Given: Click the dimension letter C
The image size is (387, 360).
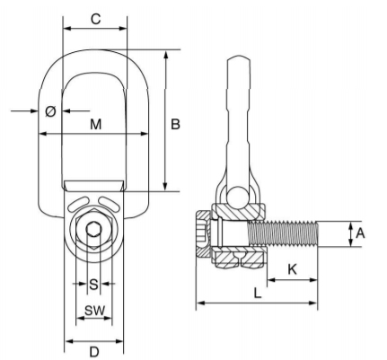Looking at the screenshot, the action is pyautogui.click(x=95, y=19).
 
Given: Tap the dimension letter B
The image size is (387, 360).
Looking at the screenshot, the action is pyautogui.click(x=175, y=124).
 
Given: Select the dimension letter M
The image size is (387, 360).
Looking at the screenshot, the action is pyautogui.click(x=96, y=124).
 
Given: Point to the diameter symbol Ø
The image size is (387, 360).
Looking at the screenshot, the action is pyautogui.click(x=50, y=111).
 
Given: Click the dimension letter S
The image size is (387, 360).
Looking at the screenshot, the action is pyautogui.click(x=93, y=285).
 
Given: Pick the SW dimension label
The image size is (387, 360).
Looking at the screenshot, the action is pyautogui.click(x=94, y=311).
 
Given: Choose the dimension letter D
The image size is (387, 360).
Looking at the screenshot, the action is pyautogui.click(x=94, y=352).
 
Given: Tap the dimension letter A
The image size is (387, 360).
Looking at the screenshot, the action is pyautogui.click(x=360, y=233).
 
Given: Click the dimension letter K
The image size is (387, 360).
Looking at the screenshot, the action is pyautogui.click(x=292, y=269).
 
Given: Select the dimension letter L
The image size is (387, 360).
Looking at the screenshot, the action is pyautogui.click(x=258, y=293).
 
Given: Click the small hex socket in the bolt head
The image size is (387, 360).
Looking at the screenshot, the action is pyautogui.click(x=93, y=229).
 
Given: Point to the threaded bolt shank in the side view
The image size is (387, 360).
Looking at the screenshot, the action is pyautogui.click(x=283, y=233).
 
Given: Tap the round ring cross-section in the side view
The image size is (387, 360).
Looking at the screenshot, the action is pyautogui.click(x=238, y=197).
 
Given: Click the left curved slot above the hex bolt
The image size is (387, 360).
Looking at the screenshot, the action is pyautogui.click(x=79, y=204).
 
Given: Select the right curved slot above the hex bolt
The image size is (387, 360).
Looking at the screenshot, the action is pyautogui.click(x=109, y=204).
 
